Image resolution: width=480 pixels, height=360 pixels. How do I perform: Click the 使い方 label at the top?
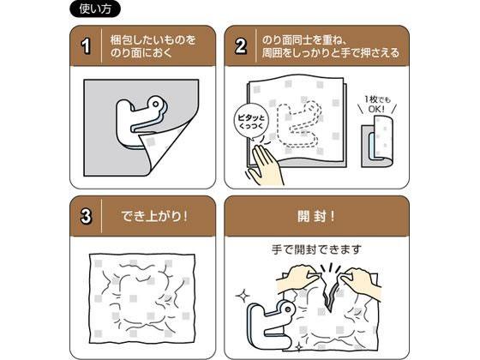click(x=95, y=9)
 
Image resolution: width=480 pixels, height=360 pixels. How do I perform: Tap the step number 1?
click(x=86, y=45)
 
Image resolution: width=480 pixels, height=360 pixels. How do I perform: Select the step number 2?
click(x=240, y=46)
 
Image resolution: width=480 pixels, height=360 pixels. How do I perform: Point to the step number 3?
click(x=86, y=216)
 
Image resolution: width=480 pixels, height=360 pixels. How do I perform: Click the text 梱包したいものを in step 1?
click(x=153, y=39)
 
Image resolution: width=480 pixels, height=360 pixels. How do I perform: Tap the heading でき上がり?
click(x=153, y=216)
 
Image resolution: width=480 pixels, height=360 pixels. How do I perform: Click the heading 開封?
click(x=316, y=216)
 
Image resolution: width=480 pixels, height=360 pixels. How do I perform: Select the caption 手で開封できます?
click(x=316, y=249)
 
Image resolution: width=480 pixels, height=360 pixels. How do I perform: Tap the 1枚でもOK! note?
click(x=377, y=104)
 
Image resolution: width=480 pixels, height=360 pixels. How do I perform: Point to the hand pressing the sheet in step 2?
click(x=266, y=165)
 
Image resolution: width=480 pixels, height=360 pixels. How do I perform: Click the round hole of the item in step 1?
click(x=155, y=104)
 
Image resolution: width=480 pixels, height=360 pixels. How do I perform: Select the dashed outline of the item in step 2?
click(x=299, y=126)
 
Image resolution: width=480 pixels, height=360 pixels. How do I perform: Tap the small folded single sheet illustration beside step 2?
click(x=377, y=141)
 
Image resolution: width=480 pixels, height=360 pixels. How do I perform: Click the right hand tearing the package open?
click(x=361, y=282)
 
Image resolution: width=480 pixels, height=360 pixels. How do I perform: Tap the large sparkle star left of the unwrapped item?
click(x=243, y=296)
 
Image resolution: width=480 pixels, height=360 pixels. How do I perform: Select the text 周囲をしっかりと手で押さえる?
click(x=331, y=53)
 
